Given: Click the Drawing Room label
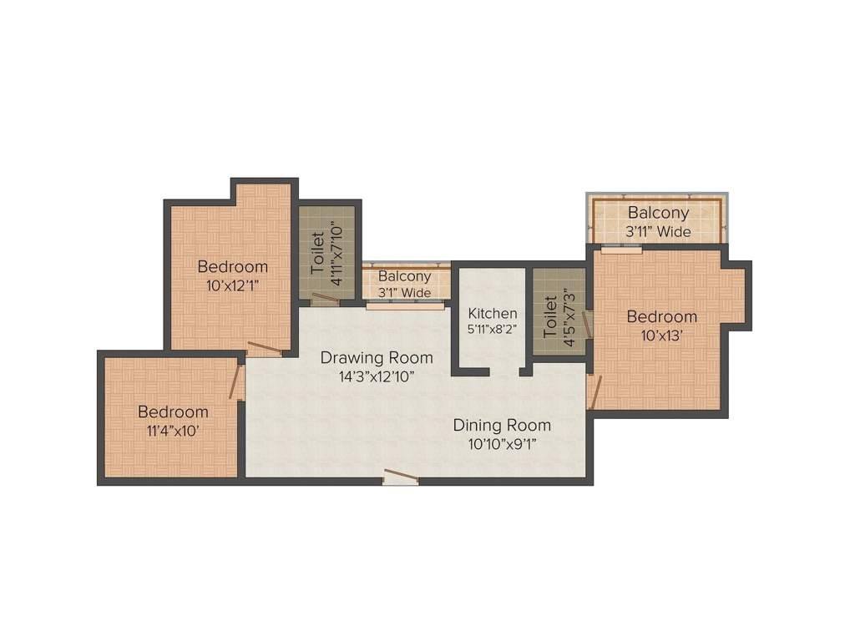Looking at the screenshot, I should (x=377, y=357).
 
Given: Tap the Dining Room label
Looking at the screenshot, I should (x=502, y=425).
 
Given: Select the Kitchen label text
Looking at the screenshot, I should (x=493, y=313).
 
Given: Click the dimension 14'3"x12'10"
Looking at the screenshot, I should (x=377, y=376).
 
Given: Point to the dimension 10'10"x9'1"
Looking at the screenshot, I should (x=502, y=443).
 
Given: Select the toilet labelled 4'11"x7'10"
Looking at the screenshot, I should (x=327, y=250).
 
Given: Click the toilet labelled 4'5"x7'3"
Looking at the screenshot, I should (x=559, y=313).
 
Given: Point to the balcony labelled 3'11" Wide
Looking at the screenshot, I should (x=659, y=222).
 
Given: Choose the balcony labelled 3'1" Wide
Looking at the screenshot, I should (x=405, y=284).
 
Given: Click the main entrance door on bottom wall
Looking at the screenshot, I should (x=401, y=477).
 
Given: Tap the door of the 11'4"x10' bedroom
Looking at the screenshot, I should (x=236, y=381).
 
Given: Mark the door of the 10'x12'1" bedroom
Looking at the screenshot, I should (x=265, y=349).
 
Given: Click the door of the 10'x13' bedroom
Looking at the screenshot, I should (x=594, y=392).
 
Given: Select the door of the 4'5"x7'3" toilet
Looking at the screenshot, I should (x=588, y=326).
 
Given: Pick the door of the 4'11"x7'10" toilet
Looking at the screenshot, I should (x=325, y=298).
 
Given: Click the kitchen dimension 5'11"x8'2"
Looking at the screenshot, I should (x=493, y=329).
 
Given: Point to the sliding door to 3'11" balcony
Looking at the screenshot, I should (x=621, y=248).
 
